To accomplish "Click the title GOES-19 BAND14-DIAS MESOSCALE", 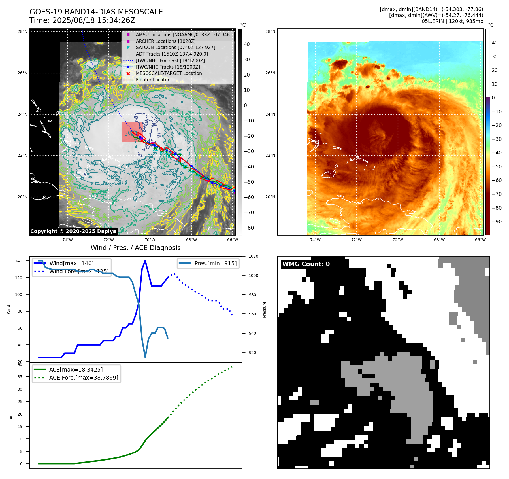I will point(96,12).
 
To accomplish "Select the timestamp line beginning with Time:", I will point(82,21).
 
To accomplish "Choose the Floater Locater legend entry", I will point(152,80).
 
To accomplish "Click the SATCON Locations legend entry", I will point(175,47).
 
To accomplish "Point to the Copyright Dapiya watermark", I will point(73,231).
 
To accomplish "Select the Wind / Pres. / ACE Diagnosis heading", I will point(135,248).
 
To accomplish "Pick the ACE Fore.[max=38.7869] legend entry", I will point(84,378).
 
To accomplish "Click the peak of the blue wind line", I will point(145,261).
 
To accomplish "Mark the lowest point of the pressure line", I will point(145,357).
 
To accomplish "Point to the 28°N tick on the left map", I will point(22,31).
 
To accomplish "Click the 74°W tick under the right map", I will point(315,240).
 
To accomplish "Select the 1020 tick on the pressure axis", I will point(253,256).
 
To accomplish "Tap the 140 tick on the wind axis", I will point(18,261).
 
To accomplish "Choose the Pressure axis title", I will point(264,310).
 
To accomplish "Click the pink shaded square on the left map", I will point(132,132).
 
